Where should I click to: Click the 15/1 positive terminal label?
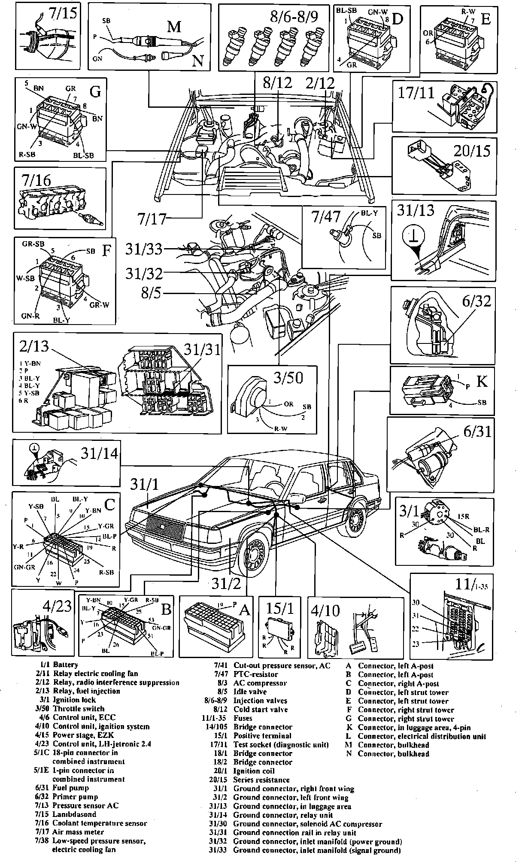[x=279, y=610]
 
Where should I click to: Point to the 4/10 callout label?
[x=327, y=610]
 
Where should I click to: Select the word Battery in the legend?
[x=65, y=665]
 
